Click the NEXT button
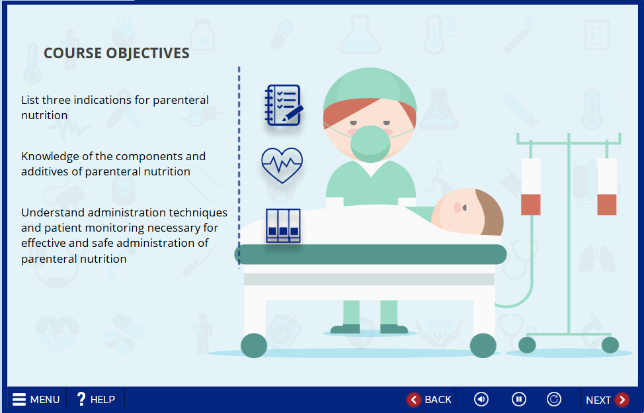point(607,400)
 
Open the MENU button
point(36,400)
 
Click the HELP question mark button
point(96,400)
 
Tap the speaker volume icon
point(481,399)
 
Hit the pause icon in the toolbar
point(519,399)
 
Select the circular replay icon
point(553,399)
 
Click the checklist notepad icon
point(284,105)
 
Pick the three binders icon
point(283,226)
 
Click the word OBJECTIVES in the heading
point(147,53)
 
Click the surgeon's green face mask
point(370,144)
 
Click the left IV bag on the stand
point(531,187)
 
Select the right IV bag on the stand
point(606,187)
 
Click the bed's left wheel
point(254,345)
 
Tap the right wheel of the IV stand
point(610,345)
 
